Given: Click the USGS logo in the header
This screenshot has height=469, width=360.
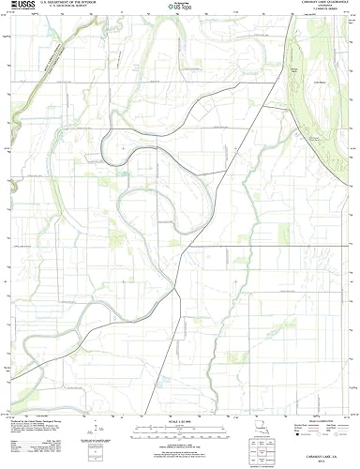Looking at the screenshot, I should [x=17, y=7].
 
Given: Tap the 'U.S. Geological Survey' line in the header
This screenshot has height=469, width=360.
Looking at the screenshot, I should [x=62, y=8].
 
